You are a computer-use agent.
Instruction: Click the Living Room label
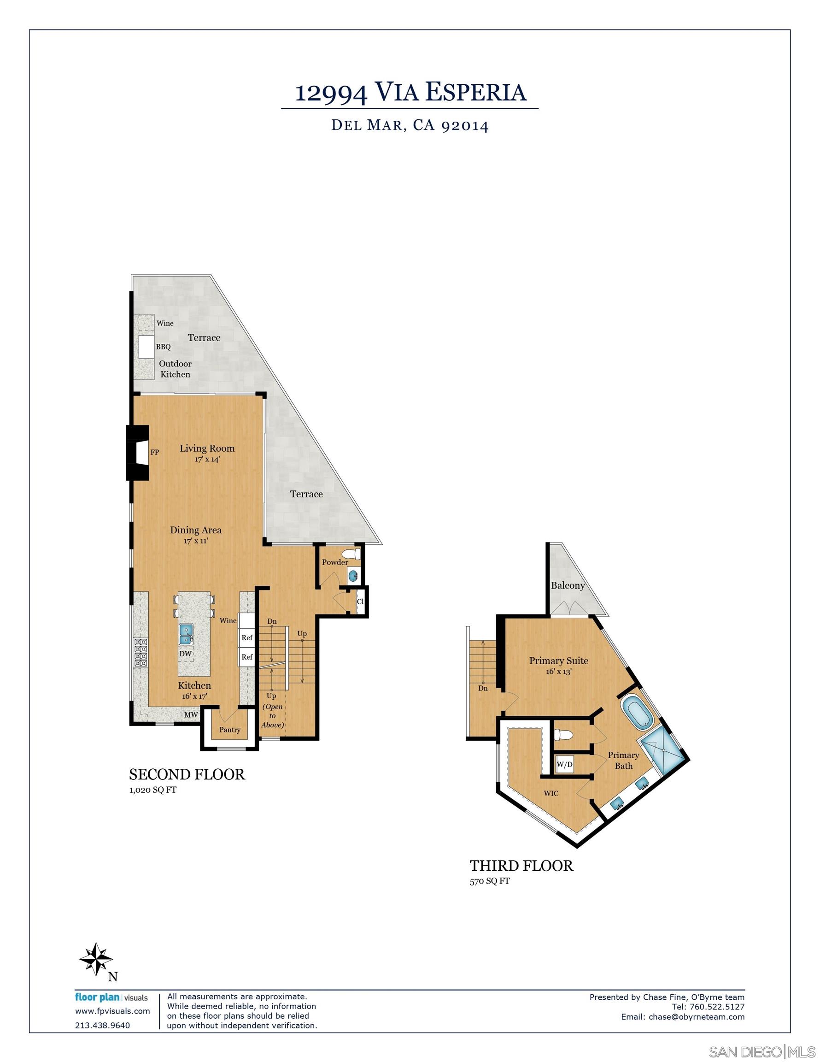point(207,448)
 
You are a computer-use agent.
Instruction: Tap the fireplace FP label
point(155,452)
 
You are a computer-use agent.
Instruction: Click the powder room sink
point(353,576)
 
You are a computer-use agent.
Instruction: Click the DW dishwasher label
point(185,654)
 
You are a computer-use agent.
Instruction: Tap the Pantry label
point(230,729)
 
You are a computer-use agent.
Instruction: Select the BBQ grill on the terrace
point(146,347)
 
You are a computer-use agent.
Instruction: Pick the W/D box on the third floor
point(564,764)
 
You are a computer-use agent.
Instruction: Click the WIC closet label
point(551,793)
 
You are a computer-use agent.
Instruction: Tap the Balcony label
point(568,585)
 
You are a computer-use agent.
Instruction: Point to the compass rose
point(96,959)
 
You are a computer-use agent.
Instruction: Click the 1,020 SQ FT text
point(152,790)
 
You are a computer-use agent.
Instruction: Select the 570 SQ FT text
point(490,881)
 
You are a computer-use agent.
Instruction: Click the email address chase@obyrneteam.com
point(697,1016)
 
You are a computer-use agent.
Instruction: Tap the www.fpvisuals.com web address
point(112,1011)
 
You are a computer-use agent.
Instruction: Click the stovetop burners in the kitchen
point(141,653)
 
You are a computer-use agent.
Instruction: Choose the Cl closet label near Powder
point(360,602)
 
